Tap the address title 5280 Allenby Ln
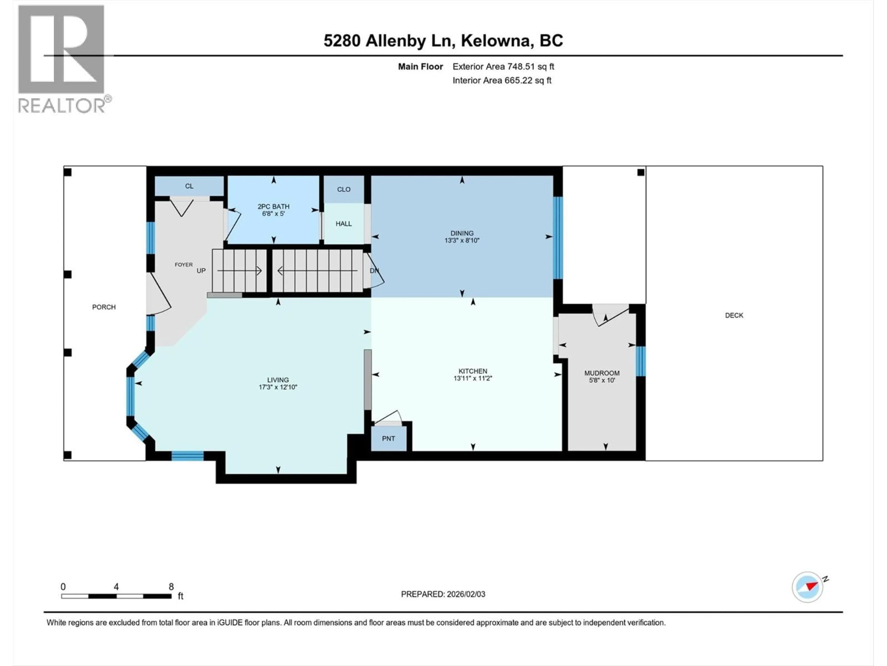(443, 40)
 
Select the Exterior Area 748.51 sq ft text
(503, 67)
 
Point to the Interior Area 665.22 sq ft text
(502, 80)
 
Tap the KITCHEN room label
(473, 371)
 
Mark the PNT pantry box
(388, 438)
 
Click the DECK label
(734, 315)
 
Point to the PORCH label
(104, 307)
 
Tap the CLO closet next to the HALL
(344, 189)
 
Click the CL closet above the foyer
(189, 186)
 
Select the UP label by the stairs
(201, 271)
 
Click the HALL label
(344, 224)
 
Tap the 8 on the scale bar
(171, 586)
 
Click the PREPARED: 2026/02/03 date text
(443, 594)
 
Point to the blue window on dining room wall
(558, 238)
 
